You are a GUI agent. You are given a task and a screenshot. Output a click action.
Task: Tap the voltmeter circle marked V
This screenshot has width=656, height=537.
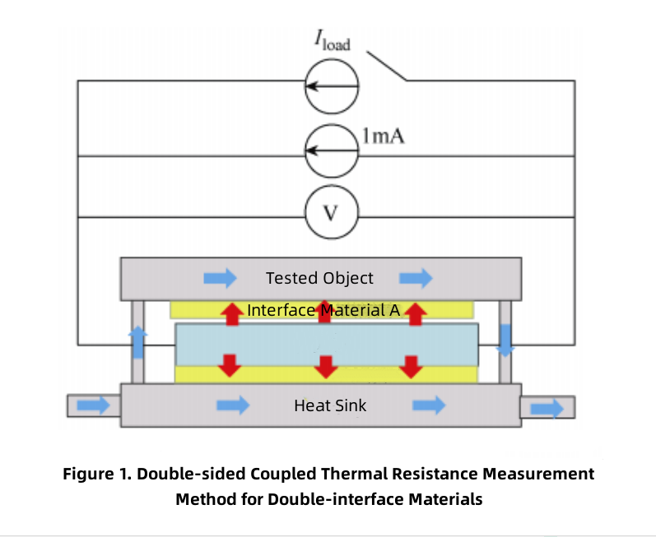330,214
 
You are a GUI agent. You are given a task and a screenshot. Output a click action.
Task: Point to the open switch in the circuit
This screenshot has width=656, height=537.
387,67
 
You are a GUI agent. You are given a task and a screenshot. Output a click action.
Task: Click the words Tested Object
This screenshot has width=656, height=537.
319,278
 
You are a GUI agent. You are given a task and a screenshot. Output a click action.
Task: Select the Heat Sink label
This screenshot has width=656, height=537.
330,405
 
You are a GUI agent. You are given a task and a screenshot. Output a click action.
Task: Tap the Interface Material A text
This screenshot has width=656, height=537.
323,310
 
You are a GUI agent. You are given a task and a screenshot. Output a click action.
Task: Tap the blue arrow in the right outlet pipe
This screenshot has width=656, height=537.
547,407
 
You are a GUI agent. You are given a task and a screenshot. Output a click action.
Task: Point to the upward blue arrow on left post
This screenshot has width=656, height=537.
138,341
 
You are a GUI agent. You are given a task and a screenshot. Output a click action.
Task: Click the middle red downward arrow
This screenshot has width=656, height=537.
327,365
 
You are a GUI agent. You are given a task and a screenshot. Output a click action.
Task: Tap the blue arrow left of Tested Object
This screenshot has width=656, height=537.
220,278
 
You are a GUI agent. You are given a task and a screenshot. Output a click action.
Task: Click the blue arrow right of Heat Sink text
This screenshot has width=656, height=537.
427,405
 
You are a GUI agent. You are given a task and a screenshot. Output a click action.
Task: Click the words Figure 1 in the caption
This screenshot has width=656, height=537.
99,475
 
